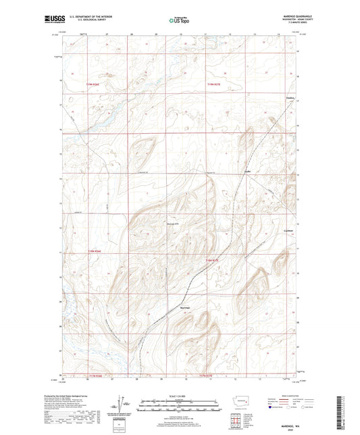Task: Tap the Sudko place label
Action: [248, 171]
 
